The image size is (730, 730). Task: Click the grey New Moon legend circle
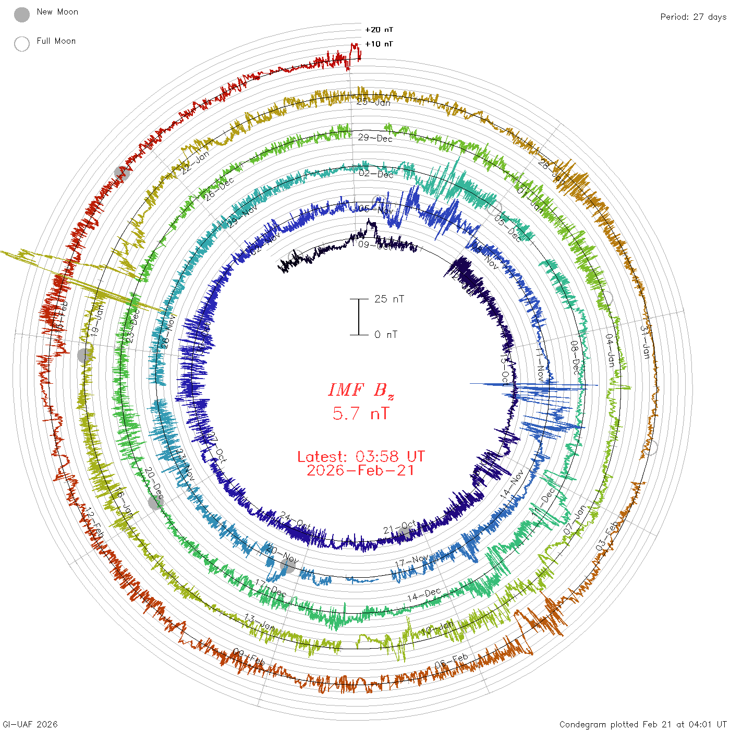(22, 15)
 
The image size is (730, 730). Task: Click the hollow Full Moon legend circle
(22, 44)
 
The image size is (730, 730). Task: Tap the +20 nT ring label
(379, 30)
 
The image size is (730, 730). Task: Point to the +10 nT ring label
(379, 44)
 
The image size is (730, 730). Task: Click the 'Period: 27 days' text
(693, 17)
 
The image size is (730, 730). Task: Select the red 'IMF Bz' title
(361, 390)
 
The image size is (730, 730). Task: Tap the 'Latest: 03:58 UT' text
(361, 457)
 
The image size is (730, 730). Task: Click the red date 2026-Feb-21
(361, 470)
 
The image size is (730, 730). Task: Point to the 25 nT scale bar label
(389, 299)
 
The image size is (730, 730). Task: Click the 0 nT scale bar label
(385, 335)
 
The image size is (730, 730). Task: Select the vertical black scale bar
(359, 317)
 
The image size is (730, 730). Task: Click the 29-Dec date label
(375, 138)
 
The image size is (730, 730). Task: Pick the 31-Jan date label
(646, 342)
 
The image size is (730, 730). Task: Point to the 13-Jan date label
(260, 622)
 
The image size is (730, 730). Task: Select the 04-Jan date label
(610, 350)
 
